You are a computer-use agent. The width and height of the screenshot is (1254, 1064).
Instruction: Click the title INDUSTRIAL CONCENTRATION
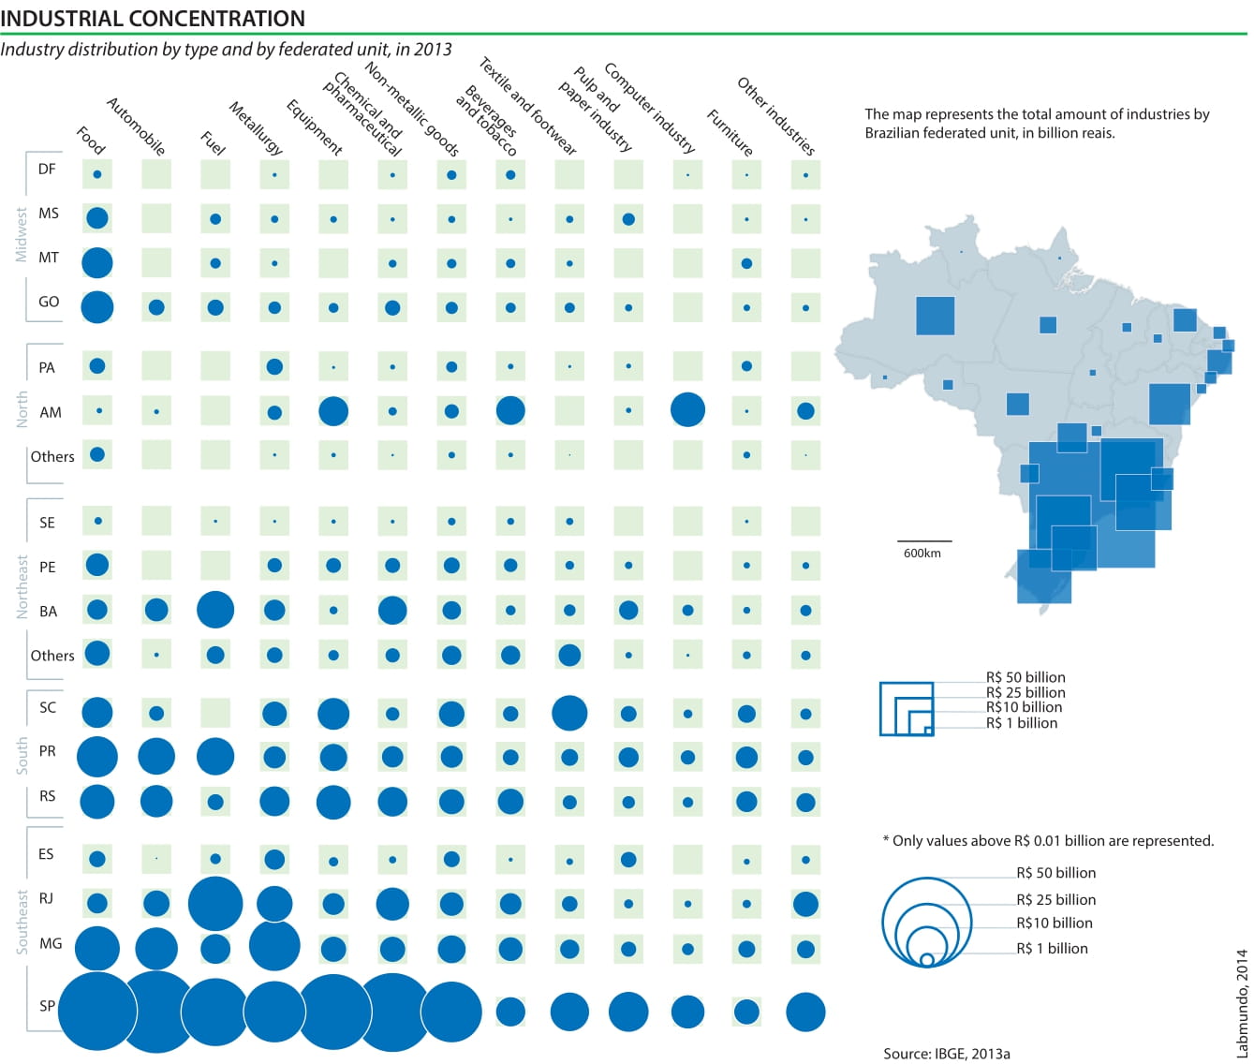click(153, 18)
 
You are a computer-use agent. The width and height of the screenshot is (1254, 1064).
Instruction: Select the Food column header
click(91, 140)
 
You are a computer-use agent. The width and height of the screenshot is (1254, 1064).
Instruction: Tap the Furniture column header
click(730, 132)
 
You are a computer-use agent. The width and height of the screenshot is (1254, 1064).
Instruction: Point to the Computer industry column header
click(649, 108)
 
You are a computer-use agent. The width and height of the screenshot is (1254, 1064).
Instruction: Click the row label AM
click(51, 412)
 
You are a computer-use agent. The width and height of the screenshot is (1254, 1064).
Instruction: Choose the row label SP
click(48, 1006)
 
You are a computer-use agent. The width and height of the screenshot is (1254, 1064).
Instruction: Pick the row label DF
click(47, 170)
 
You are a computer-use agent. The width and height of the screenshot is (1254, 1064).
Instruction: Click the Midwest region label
click(22, 235)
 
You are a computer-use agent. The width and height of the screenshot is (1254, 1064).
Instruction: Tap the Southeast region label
click(22, 922)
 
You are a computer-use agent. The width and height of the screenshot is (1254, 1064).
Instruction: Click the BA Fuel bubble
click(215, 610)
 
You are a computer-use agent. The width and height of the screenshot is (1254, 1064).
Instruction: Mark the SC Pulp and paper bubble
click(569, 713)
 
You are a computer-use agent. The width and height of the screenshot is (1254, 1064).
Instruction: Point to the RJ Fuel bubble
click(215, 904)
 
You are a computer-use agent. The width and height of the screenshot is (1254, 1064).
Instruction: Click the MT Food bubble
click(97, 263)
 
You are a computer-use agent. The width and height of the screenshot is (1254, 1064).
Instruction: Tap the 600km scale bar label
click(922, 554)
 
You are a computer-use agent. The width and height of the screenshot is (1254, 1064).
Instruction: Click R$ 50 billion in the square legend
click(1025, 677)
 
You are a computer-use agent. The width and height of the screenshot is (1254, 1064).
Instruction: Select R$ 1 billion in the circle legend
click(1052, 949)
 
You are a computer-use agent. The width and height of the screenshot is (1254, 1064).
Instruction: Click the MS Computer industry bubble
click(628, 219)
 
